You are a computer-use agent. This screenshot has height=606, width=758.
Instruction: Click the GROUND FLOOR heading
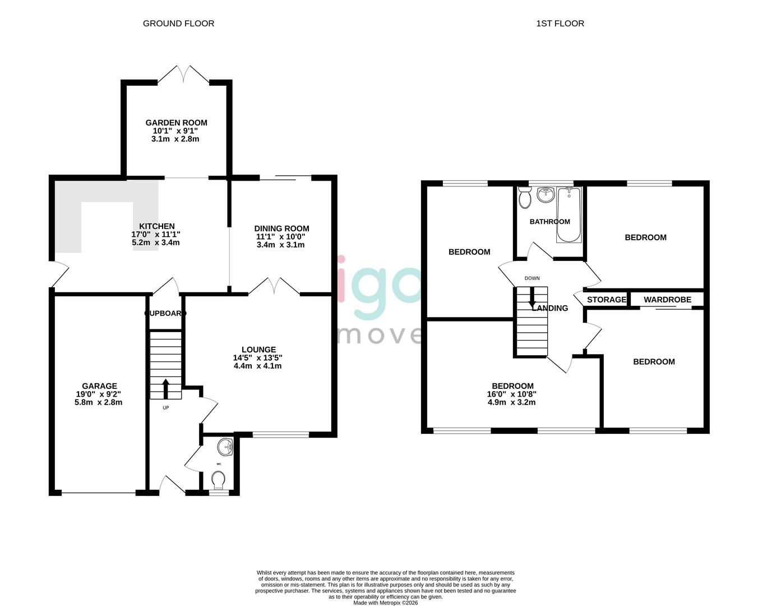coord(178,23)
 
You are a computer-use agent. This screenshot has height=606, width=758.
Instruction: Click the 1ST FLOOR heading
coord(560,23)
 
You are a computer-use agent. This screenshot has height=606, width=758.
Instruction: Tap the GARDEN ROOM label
coord(176,122)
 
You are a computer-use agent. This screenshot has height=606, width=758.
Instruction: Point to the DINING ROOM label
coord(281,228)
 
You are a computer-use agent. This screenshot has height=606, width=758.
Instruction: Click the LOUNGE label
coord(258,350)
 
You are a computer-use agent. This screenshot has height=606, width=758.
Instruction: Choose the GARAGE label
coord(99,385)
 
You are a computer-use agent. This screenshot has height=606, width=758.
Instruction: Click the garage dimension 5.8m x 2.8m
coord(98,402)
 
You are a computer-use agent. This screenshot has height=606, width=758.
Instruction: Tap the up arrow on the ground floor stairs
coord(165,388)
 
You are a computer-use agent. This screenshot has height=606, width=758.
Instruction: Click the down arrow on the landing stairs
coord(531,297)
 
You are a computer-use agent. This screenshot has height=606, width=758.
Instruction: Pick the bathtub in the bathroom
coord(568,215)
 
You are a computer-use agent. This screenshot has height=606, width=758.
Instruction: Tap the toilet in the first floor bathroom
coord(525,199)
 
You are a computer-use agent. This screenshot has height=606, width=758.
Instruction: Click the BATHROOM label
coord(549,222)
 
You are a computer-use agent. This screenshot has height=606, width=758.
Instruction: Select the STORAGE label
coord(606,300)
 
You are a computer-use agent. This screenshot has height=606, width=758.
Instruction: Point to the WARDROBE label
coord(667,300)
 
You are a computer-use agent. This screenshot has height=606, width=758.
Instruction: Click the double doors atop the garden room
coord(184,75)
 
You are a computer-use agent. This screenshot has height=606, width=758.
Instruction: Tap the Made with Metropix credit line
coord(385,603)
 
